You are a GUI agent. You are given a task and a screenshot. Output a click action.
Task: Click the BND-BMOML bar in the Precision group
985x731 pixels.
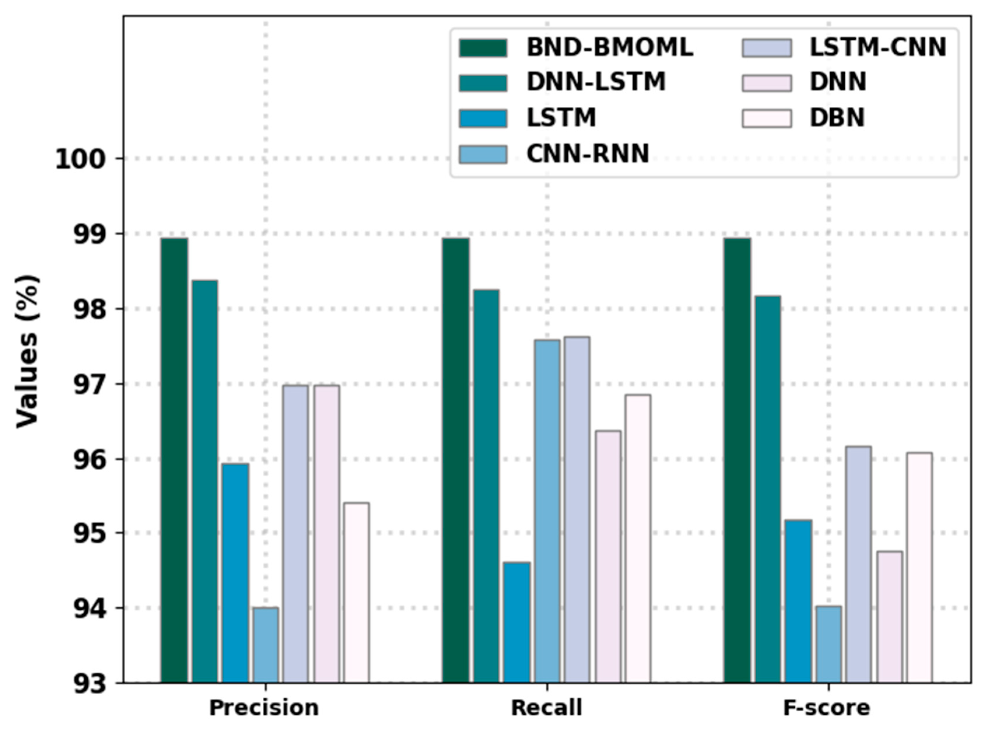pos(174,460)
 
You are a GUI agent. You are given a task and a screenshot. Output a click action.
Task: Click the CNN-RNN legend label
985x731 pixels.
pos(587,154)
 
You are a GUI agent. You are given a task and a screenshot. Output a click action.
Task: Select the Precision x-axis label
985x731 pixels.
pos(264,708)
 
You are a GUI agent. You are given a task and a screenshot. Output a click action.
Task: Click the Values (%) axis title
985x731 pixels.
pos(27,352)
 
